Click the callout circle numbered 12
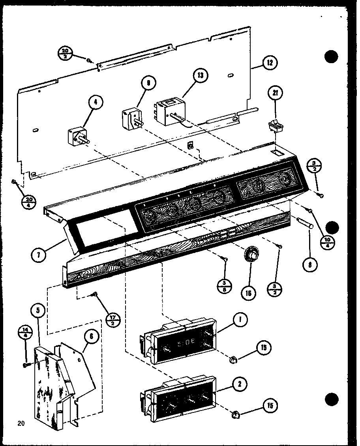(x=270, y=63)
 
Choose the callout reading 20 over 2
(x=65, y=53)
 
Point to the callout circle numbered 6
(x=91, y=336)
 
